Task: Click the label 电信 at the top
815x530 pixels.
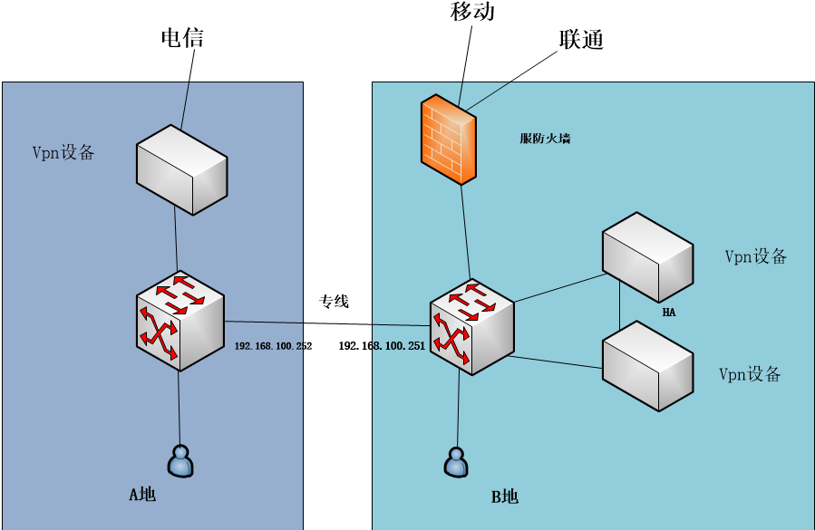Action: [x=182, y=37]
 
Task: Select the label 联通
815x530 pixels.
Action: [x=581, y=39]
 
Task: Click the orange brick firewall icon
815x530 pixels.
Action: [x=449, y=141]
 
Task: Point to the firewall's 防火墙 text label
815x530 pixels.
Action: [x=545, y=139]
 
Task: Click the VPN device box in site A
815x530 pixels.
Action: [x=181, y=170]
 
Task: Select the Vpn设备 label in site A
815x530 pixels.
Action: [x=63, y=152]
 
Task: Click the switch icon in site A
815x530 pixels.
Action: [x=179, y=321]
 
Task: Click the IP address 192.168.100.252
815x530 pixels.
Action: [x=273, y=346]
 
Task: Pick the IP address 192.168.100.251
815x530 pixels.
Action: [x=382, y=346]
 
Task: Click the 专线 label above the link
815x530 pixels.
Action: [x=334, y=301]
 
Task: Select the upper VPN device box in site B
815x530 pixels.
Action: [x=647, y=256]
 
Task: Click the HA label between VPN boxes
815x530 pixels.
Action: [x=669, y=313]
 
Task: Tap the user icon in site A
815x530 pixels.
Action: [x=180, y=461]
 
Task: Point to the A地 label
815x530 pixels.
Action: [x=142, y=494]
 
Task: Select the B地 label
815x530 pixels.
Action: [x=505, y=496]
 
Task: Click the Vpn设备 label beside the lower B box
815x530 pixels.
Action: [x=750, y=374]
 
